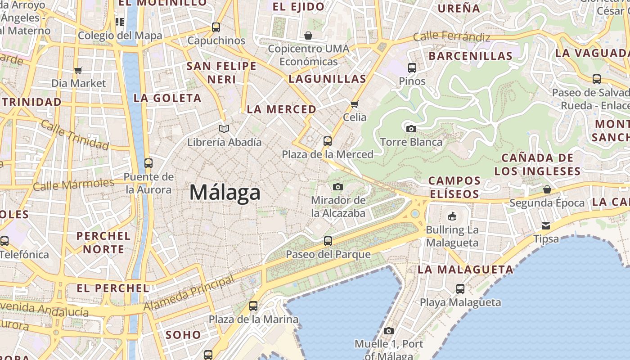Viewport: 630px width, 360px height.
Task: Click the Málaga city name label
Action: tap(225, 193)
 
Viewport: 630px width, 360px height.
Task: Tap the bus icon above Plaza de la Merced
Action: tap(328, 141)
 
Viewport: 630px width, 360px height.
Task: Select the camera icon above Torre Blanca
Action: tap(411, 129)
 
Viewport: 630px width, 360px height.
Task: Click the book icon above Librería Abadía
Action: tap(224, 129)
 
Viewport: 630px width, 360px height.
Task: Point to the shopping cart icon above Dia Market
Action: tap(78, 70)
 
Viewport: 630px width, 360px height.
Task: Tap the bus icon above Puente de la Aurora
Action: tap(148, 163)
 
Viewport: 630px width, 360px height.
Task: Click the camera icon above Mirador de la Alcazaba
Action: tap(338, 187)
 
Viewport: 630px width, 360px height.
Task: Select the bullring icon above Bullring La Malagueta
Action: tap(452, 216)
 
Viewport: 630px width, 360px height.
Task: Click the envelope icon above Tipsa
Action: tap(546, 225)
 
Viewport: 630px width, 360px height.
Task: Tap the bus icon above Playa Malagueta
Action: tap(460, 289)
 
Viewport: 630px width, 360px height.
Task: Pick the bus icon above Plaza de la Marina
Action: tap(253, 306)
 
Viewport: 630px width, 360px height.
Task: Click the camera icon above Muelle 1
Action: tap(389, 331)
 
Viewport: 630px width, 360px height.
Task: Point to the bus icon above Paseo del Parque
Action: tap(328, 241)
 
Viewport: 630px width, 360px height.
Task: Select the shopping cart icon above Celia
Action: tap(355, 104)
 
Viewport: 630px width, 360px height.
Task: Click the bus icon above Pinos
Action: tap(412, 68)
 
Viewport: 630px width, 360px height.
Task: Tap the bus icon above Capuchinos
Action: tap(216, 27)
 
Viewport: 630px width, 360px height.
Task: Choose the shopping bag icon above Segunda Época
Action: tap(547, 189)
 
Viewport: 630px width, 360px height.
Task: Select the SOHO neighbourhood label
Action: tap(183, 335)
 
